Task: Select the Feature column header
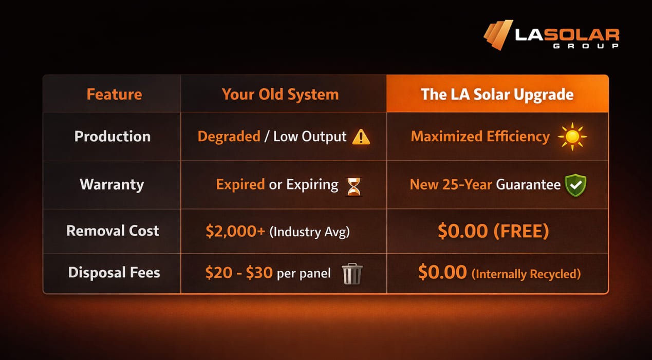[114, 94]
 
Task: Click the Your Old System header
[280, 94]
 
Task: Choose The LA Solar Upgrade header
[497, 94]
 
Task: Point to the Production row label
[113, 137]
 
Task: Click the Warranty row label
[112, 184]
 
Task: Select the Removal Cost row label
[113, 231]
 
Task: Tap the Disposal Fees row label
[114, 272]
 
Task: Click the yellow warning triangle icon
[361, 137]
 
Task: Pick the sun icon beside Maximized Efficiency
[572, 137]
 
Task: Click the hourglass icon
[354, 186]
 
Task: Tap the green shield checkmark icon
[575, 185]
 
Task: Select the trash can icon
[352, 274]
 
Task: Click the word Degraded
[229, 137]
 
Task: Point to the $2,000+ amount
[235, 231]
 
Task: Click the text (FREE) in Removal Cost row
[521, 231]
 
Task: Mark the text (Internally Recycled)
[526, 274]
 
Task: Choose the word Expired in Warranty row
[240, 184]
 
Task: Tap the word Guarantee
[528, 184]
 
